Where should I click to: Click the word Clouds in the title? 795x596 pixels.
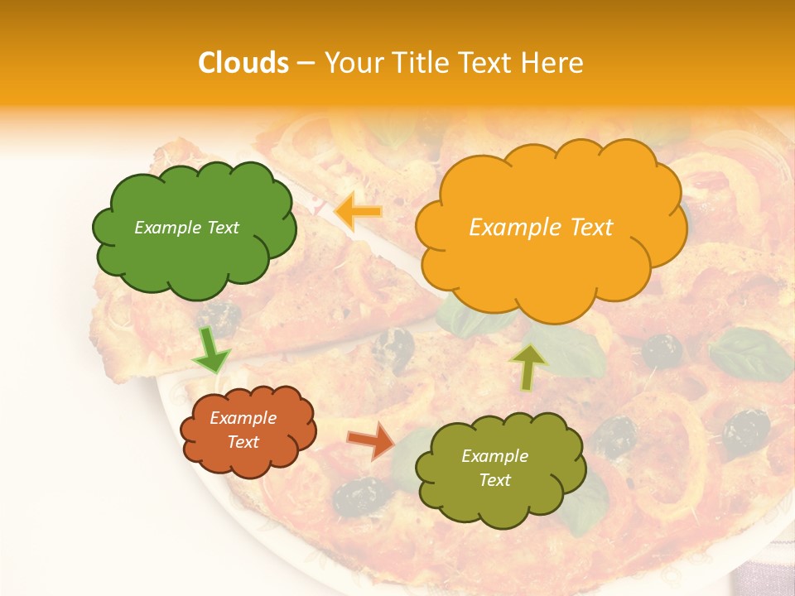[x=243, y=63]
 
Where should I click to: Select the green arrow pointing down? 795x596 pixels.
[x=211, y=349]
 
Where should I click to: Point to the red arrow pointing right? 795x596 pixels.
[x=372, y=440]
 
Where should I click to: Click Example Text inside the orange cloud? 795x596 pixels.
[x=541, y=228]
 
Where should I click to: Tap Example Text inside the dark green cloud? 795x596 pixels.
[x=186, y=228]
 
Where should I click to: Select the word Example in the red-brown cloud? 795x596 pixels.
[x=243, y=418]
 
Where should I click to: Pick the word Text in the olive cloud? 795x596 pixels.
[x=494, y=480]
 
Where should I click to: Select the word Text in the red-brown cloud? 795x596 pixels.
[x=243, y=442]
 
